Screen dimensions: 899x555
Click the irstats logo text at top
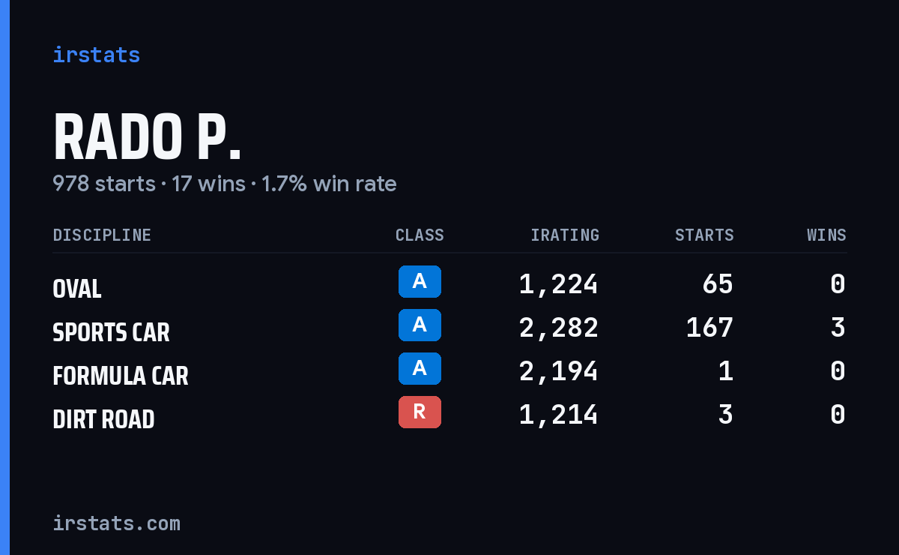(97, 55)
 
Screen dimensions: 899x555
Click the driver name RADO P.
(148, 137)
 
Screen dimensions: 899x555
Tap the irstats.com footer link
(116, 523)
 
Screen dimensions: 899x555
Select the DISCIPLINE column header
(102, 235)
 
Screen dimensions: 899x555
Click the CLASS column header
(420, 235)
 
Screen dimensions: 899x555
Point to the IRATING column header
(565, 235)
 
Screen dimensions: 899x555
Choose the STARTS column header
(704, 235)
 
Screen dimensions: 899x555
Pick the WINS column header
(827, 235)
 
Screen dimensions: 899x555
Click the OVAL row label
(77, 289)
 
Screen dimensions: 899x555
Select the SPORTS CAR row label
(111, 332)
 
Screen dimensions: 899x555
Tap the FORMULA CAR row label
(121, 376)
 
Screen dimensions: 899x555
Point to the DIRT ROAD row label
(103, 419)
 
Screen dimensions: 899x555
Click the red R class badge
(420, 412)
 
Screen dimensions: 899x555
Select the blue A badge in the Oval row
(420, 281)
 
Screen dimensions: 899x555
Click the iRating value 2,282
(558, 328)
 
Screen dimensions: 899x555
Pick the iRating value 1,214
(558, 415)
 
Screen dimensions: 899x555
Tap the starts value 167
(709, 328)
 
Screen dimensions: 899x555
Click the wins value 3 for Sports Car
(838, 328)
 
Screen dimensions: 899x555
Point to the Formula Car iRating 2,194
(558, 371)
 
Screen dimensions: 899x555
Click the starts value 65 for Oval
(718, 284)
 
